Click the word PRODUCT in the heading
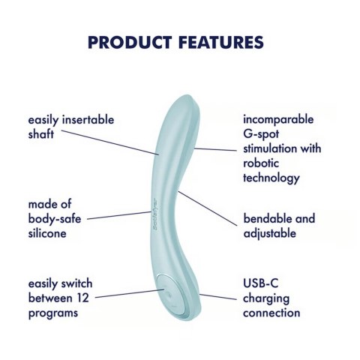(x=130, y=42)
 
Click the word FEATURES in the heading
(x=221, y=42)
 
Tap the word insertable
(x=88, y=119)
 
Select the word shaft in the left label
(x=41, y=133)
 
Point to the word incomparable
(x=278, y=119)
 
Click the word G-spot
(x=261, y=134)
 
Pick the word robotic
(x=261, y=163)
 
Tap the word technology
(x=271, y=178)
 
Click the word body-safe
(x=55, y=219)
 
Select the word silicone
(x=47, y=233)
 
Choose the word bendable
(x=265, y=218)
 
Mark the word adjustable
(x=270, y=233)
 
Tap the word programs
(x=53, y=313)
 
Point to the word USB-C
(x=260, y=283)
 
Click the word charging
(x=266, y=298)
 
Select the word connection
(x=271, y=313)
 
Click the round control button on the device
(x=171, y=294)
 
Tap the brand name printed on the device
(x=155, y=214)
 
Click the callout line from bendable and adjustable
(x=208, y=208)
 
